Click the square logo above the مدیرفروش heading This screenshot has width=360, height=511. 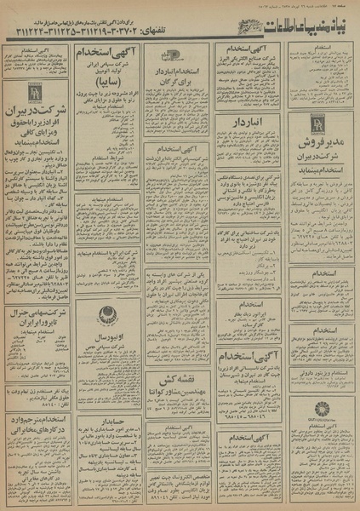click(x=317, y=122)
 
